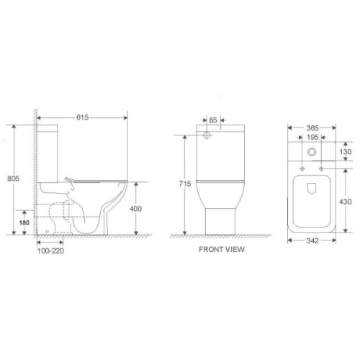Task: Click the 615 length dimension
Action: pos(82,117)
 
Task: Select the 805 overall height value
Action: pos(13,179)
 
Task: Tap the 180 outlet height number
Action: pos(24,222)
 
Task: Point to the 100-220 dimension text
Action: pos(50,251)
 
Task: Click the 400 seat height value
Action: pos(135,209)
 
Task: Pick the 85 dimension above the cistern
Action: pos(213,120)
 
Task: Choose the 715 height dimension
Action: pos(185,184)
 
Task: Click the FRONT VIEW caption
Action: pos(222,249)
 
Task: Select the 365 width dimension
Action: pos(312,128)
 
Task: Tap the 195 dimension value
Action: pos(312,138)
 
